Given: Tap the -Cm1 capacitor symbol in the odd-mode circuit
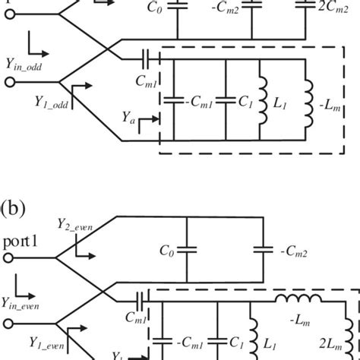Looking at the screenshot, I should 174,99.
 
